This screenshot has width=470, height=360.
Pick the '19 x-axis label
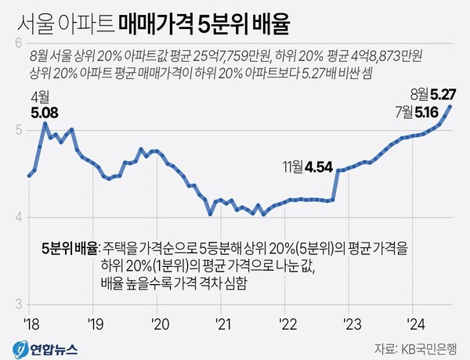pyautogui.click(x=95, y=322)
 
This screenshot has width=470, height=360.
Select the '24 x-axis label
pyautogui.click(x=414, y=322)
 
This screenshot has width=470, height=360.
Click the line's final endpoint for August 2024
pyautogui.click(x=451, y=106)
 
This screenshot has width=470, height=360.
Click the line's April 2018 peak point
pyautogui.click(x=45, y=124)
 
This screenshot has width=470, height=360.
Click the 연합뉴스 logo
pyautogui.click(x=38, y=346)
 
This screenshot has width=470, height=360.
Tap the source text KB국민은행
pyautogui.click(x=430, y=346)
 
